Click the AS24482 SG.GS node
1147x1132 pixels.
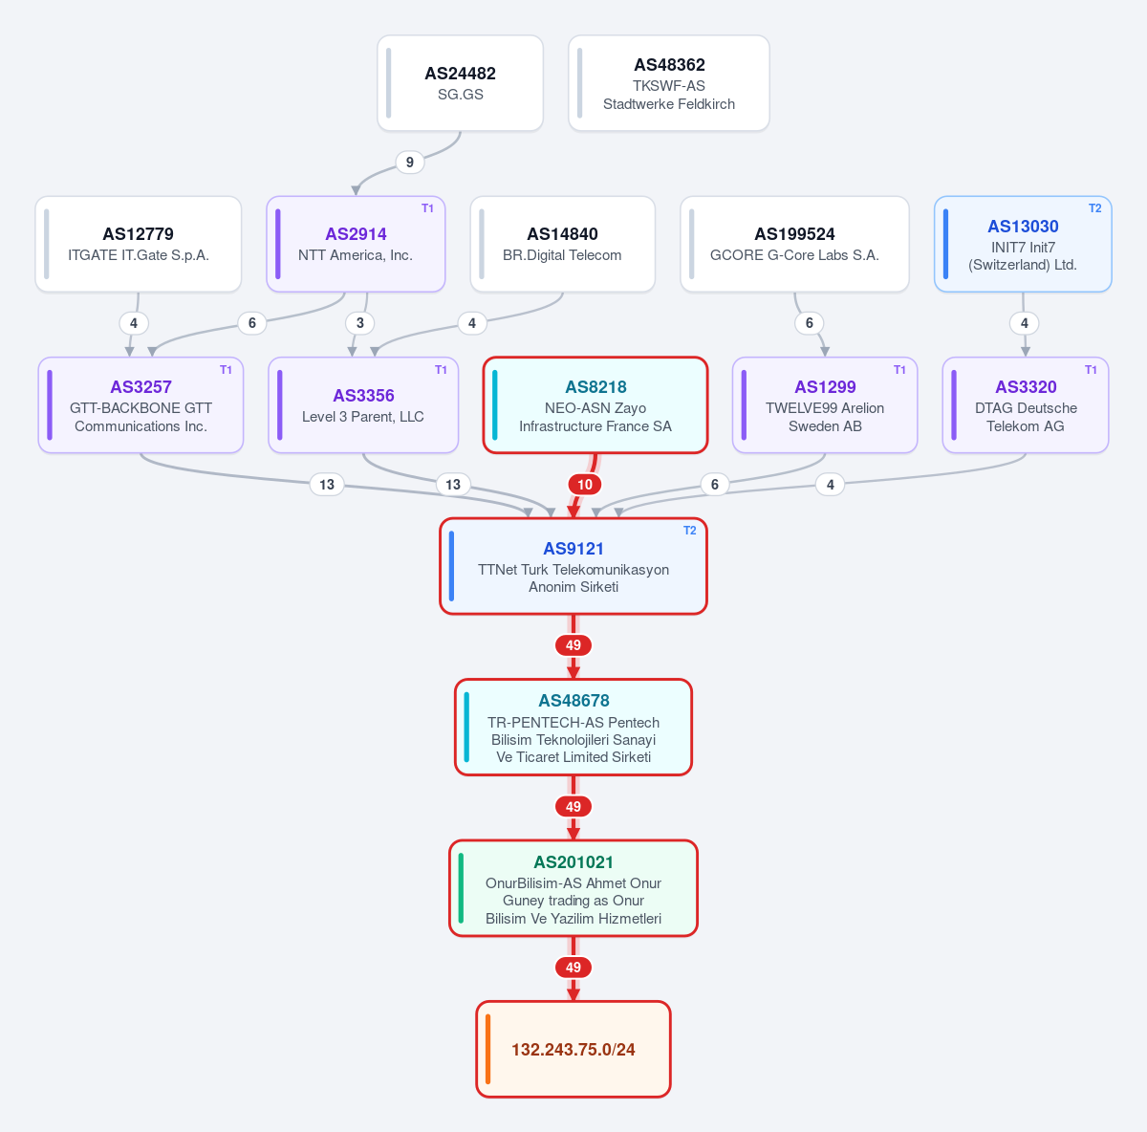pyautogui.click(x=460, y=83)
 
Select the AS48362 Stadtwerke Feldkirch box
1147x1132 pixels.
pyautogui.click(x=668, y=83)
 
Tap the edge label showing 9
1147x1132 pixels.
pyautogui.click(x=409, y=162)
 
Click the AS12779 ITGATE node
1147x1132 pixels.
pyautogui.click(x=138, y=244)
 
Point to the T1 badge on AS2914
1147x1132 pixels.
pyautogui.click(x=427, y=208)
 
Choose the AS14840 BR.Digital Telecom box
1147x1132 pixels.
pyautogui.click(x=562, y=244)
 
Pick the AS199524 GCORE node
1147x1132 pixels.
pyautogui.click(x=794, y=244)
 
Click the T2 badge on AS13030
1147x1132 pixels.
pyautogui.click(x=1094, y=208)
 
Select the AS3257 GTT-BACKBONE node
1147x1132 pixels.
pyautogui.click(x=141, y=405)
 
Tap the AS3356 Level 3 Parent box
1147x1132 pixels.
pyautogui.click(x=363, y=405)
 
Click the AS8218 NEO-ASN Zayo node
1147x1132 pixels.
pyautogui.click(x=595, y=405)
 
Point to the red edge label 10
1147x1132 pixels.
pyautogui.click(x=585, y=484)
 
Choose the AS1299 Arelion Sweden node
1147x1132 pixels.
pyautogui.click(x=825, y=405)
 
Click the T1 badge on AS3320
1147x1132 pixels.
pyautogui.click(x=1091, y=370)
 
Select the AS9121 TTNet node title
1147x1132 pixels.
pyautogui.click(x=573, y=549)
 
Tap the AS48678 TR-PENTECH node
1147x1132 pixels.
pyautogui.click(x=573, y=727)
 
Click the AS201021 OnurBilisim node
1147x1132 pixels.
pyautogui.click(x=573, y=888)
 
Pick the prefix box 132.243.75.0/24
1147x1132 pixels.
pyautogui.click(x=573, y=1049)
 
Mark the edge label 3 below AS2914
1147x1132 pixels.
pyautogui.click(x=359, y=323)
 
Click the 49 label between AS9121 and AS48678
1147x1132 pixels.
pyautogui.click(x=573, y=645)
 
